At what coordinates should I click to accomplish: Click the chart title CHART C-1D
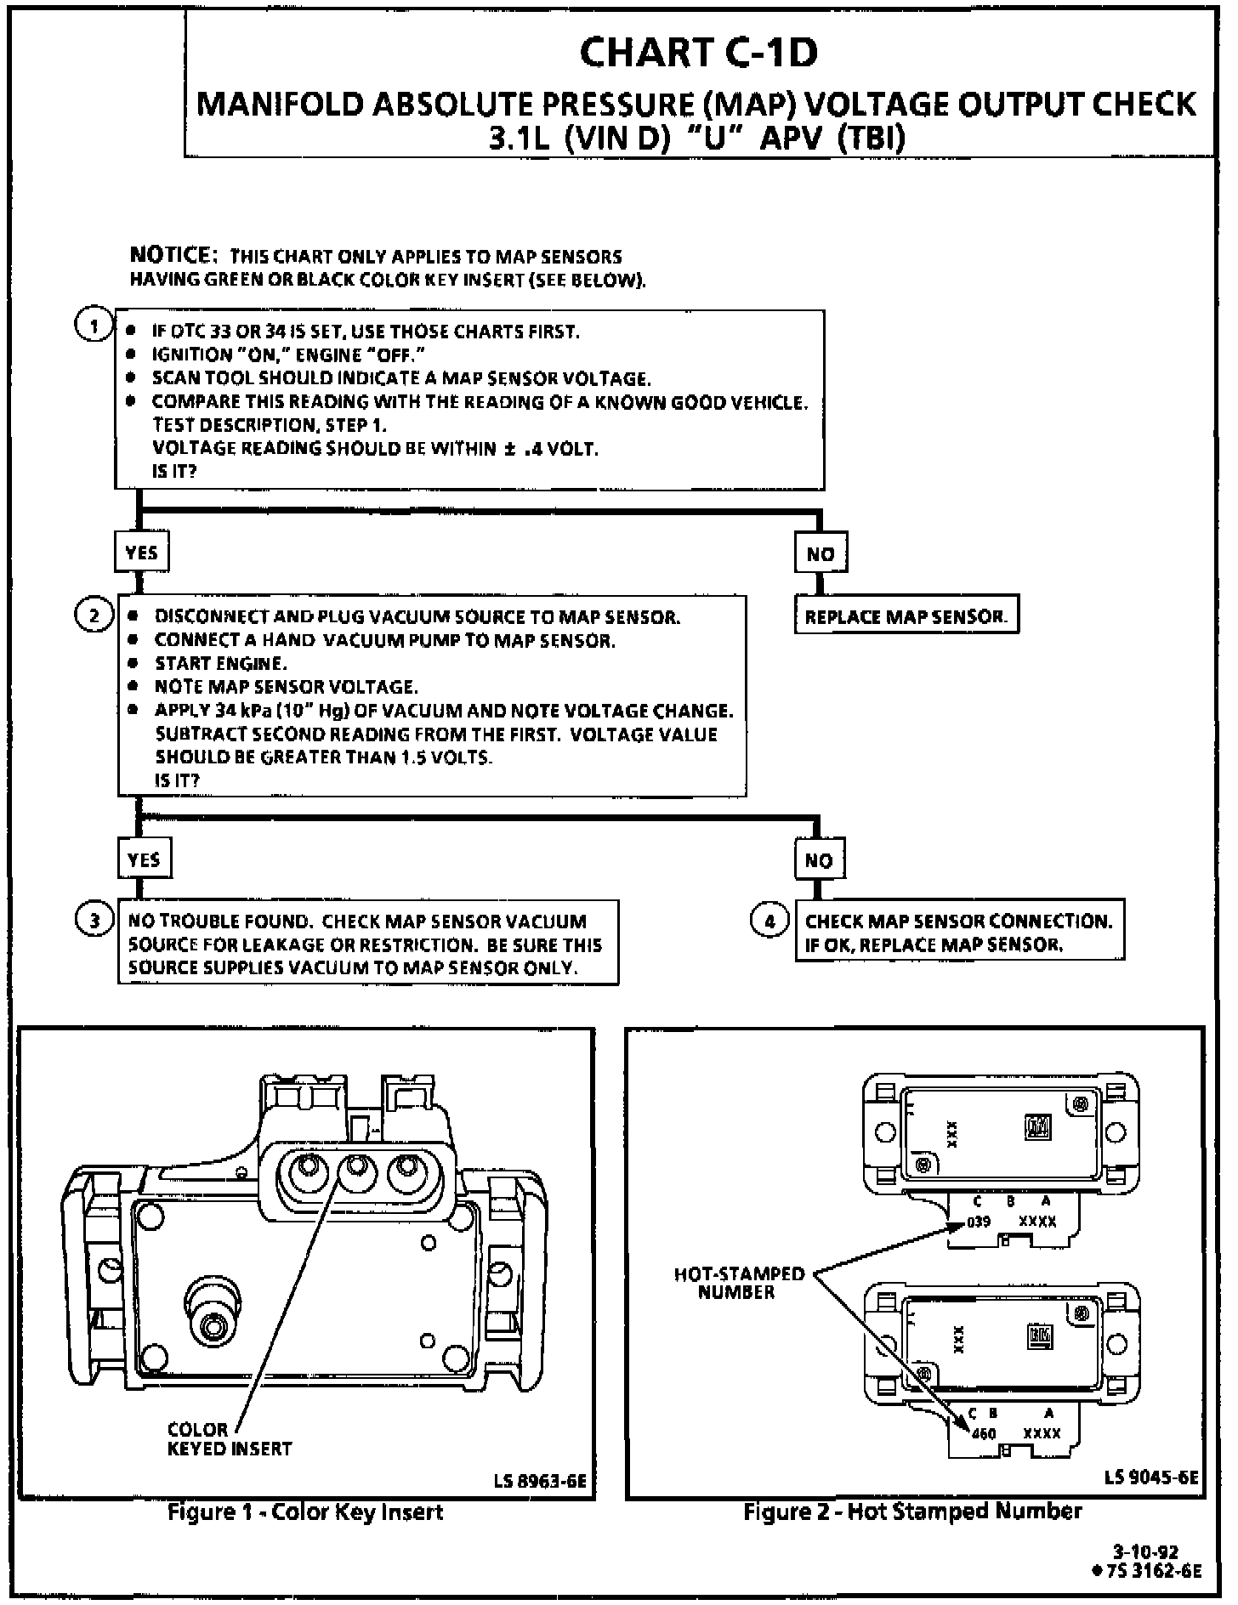coord(698,53)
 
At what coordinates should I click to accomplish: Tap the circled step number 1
coord(94,326)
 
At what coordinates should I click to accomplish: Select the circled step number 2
coord(94,615)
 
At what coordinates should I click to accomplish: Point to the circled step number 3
coord(94,921)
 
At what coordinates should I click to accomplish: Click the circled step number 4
coord(769,921)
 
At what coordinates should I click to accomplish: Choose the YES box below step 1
coord(141,553)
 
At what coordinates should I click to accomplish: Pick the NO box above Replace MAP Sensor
coord(820,554)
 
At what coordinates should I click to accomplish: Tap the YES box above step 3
coord(143,859)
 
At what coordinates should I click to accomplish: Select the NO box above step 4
coord(819,860)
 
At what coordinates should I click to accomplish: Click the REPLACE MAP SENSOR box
coord(906,616)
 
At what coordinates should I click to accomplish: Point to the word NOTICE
coord(169,255)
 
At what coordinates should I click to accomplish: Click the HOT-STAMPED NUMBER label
coord(738,1283)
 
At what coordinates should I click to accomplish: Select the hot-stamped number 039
coord(978,1222)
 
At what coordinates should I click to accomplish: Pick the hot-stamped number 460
coord(983,1433)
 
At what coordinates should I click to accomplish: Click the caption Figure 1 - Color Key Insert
coord(305,1512)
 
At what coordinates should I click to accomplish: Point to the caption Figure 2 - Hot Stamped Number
coord(912,1511)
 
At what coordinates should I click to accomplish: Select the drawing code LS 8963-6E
coord(540,1483)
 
